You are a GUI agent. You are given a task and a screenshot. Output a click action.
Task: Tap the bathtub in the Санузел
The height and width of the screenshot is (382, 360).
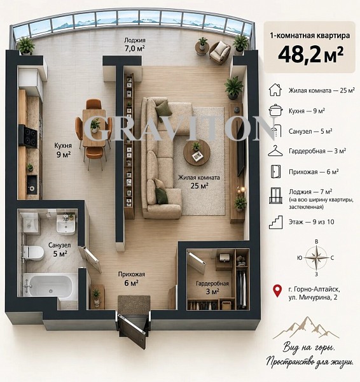click(x=50, y=285)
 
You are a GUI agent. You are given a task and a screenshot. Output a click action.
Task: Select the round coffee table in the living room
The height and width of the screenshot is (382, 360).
click(x=197, y=153)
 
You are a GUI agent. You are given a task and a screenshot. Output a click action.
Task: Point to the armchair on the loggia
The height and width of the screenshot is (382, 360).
click(x=219, y=53)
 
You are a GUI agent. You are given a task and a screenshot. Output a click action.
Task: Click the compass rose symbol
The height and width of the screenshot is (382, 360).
click(x=316, y=258)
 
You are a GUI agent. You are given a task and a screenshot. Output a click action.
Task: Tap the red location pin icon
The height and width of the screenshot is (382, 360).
click(x=277, y=291)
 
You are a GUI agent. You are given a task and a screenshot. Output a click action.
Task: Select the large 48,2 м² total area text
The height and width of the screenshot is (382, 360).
click(x=310, y=55)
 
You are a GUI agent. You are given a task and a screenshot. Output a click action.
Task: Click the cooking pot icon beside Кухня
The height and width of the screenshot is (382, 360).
click(x=275, y=110)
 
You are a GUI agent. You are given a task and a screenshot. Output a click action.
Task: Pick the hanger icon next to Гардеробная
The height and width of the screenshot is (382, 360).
click(x=275, y=151)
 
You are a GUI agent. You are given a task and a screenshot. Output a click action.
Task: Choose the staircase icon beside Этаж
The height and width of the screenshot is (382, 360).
click(x=276, y=222)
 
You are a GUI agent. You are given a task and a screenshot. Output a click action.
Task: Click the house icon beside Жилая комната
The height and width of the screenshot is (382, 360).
click(x=275, y=90)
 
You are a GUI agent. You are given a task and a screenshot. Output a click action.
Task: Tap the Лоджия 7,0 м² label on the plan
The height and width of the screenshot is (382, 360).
click(x=135, y=44)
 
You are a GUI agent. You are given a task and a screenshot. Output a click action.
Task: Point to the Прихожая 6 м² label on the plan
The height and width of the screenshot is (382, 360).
click(x=132, y=279)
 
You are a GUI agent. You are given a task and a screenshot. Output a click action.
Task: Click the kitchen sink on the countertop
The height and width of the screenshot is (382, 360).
click(x=32, y=185)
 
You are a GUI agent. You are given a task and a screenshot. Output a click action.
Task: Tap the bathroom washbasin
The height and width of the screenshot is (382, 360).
click(x=66, y=224)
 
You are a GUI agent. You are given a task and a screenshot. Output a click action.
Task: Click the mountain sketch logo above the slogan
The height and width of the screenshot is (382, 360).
click(x=306, y=328)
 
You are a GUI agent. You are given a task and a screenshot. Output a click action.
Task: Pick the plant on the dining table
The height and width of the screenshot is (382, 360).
click(x=95, y=125)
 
